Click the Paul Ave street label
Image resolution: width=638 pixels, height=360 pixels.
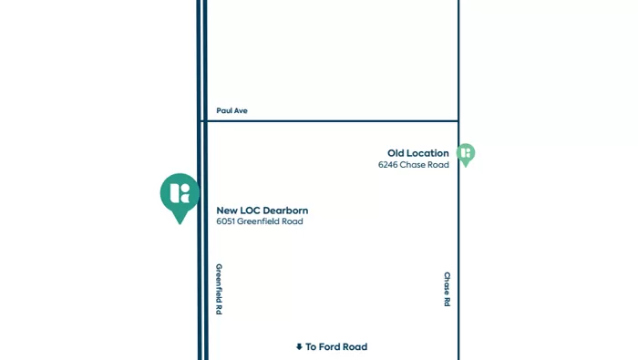(232, 111)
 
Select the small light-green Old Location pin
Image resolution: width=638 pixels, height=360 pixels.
(466, 154)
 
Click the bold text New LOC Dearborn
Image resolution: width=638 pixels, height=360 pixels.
(262, 211)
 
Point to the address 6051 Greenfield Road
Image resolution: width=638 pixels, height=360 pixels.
(259, 221)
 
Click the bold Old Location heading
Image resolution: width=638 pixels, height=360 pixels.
(417, 153)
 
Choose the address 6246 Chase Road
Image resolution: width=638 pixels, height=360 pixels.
(413, 165)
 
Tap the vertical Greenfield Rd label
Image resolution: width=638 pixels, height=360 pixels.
(219, 289)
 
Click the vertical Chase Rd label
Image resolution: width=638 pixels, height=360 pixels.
(448, 289)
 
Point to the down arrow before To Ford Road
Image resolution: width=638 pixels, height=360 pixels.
(299, 347)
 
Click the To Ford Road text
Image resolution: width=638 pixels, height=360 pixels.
(336, 347)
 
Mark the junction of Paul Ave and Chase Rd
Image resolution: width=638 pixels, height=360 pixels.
(458, 121)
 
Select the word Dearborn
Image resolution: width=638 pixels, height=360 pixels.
(285, 211)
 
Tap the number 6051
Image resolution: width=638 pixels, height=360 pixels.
(225, 221)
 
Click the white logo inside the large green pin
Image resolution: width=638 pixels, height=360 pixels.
(180, 192)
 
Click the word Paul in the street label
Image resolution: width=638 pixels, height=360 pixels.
(224, 111)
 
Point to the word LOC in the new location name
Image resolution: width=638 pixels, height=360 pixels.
(250, 211)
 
